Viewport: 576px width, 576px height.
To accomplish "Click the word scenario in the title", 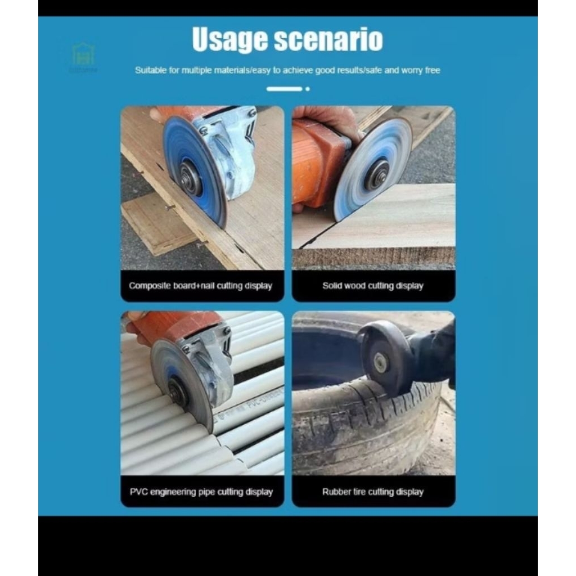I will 330,40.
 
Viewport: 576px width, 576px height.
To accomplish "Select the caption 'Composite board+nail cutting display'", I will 200,286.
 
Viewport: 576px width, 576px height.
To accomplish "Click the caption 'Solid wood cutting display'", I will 372,286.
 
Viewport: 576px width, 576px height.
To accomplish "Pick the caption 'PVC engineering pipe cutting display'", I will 201,492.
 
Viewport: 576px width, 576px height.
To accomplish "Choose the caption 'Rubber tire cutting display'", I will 372,492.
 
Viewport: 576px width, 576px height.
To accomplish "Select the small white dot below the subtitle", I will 307,88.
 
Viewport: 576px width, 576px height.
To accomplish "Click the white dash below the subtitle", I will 284,88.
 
